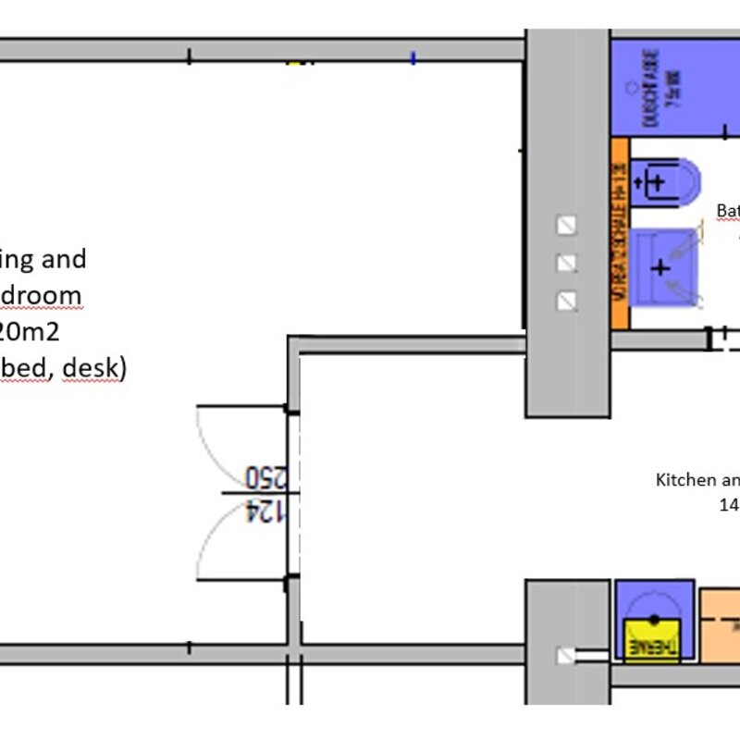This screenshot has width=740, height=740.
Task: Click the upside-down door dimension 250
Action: tap(265, 477)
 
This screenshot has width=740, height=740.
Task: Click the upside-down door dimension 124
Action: tap(265, 511)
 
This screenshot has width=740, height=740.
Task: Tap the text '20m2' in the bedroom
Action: tap(33, 332)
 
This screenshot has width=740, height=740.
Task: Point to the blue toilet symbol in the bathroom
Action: tap(666, 180)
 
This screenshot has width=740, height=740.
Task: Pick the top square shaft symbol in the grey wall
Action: tap(567, 225)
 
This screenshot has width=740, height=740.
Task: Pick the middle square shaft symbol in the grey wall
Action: tap(567, 263)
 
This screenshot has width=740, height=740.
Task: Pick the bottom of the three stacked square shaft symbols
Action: tap(567, 301)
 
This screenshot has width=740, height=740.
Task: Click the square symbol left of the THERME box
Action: tap(565, 656)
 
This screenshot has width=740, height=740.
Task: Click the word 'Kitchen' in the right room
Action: tap(685, 480)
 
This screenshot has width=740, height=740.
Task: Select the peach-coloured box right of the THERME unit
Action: tap(720, 625)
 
